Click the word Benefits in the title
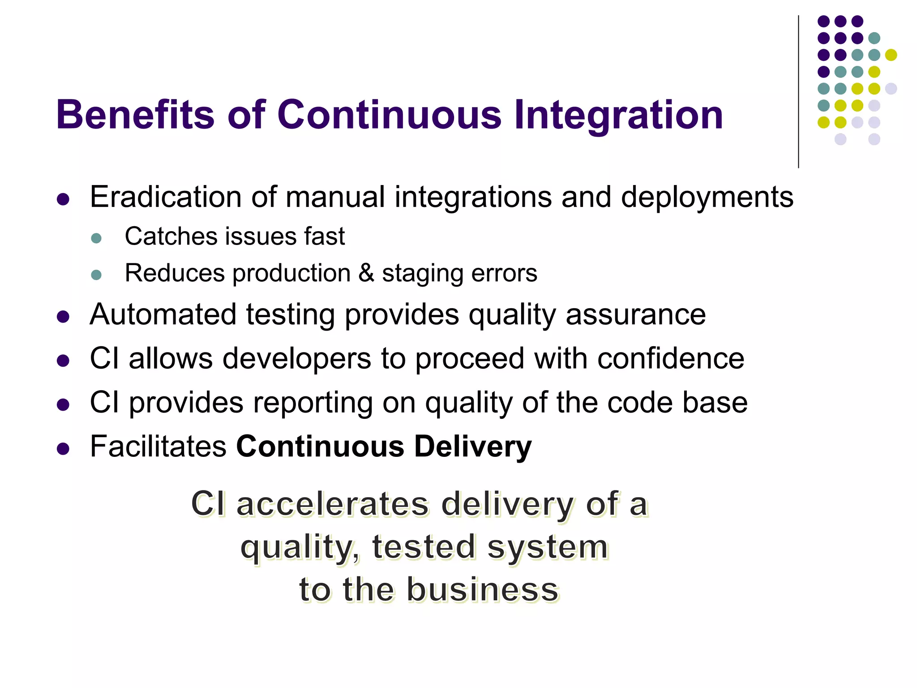[x=135, y=115]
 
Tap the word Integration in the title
[x=618, y=116]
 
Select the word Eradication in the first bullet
[x=166, y=197]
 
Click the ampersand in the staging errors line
[x=366, y=273]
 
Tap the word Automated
[x=163, y=314]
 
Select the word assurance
[x=636, y=315]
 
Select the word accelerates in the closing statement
[x=332, y=504]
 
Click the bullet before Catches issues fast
[x=96, y=238]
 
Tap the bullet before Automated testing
[x=63, y=317]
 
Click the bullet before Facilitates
[x=63, y=449]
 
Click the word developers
[x=297, y=359]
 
